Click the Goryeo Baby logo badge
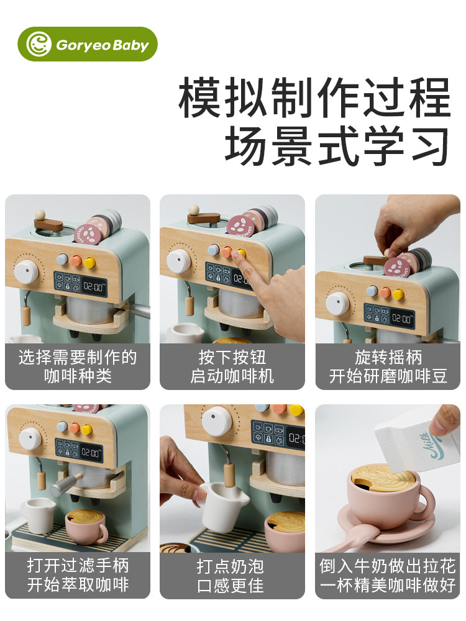(x=91, y=44)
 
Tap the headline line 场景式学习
(x=336, y=146)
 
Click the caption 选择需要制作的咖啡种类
(x=78, y=366)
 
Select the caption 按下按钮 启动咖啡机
(x=232, y=366)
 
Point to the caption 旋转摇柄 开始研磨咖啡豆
(x=388, y=366)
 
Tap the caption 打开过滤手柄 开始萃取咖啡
(x=78, y=576)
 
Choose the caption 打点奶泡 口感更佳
(x=232, y=576)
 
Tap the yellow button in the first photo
(x=90, y=263)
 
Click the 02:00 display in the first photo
(x=93, y=288)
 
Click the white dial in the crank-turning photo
(x=338, y=303)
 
